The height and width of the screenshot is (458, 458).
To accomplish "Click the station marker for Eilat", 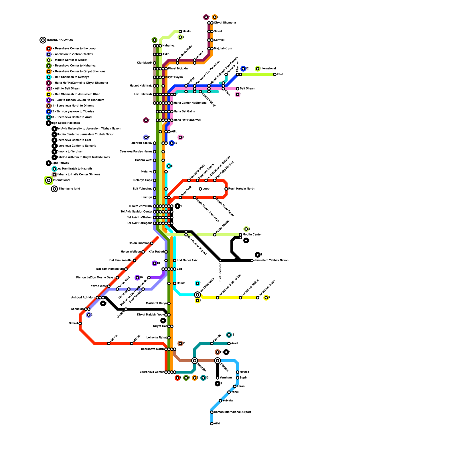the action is click(212, 424).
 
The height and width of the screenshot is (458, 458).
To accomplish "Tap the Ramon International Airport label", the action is click(232, 412).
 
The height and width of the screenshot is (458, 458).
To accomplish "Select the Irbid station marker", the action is click(275, 74).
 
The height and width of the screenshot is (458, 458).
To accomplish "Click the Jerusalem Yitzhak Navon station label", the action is click(271, 260).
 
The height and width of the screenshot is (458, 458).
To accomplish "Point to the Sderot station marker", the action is click(80, 323).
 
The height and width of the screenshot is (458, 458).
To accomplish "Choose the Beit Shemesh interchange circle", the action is click(198, 295).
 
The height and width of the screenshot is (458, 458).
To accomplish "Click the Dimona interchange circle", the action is click(218, 361).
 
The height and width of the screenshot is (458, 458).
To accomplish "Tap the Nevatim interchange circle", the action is click(195, 361).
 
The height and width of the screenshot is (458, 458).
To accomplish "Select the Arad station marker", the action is click(229, 343).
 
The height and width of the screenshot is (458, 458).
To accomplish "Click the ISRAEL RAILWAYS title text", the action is click(60, 40).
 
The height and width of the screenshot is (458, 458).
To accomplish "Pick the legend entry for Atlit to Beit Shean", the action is click(67, 89).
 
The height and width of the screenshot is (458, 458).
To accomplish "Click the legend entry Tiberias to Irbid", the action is click(69, 189).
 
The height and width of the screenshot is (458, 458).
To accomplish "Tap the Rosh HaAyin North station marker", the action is click(226, 189).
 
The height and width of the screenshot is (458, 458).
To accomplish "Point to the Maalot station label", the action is click(187, 31).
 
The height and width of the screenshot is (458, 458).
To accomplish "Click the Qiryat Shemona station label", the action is click(225, 23).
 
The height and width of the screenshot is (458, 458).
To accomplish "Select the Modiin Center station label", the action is click(252, 235).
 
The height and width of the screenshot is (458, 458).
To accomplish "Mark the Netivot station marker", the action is click(109, 343).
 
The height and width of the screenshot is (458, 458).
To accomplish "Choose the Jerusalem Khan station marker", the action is click(258, 298).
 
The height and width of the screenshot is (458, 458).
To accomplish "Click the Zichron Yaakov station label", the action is click(142, 143).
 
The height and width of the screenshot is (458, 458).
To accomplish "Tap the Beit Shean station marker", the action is click(238, 89).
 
